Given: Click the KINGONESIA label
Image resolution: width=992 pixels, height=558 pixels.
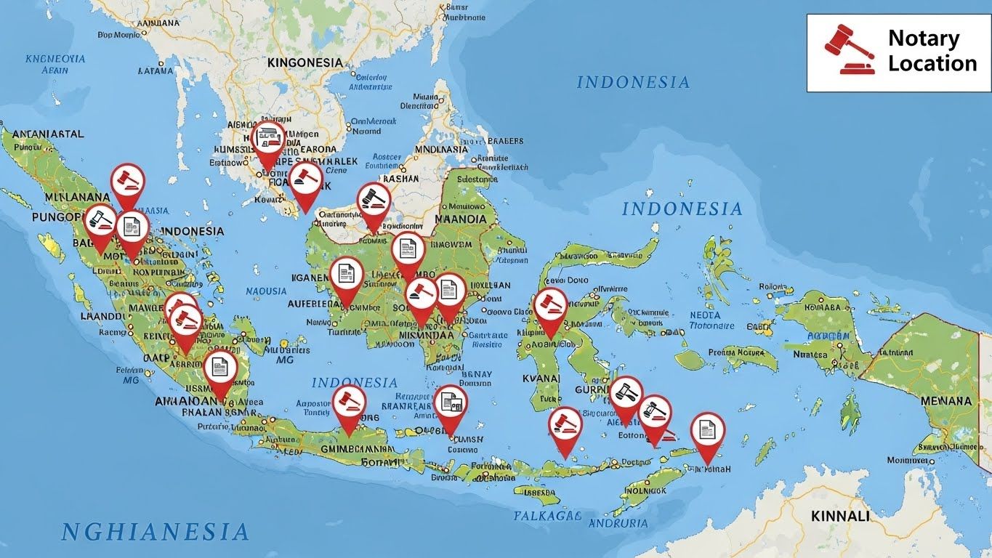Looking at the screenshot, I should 305,62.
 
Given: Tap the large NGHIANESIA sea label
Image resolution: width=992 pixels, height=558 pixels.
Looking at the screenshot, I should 156,532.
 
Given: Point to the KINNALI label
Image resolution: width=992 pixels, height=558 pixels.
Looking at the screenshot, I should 839,516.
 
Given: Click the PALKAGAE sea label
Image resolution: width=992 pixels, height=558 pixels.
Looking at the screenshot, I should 547,516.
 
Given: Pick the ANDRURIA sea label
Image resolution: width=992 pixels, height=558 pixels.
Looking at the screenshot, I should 618,523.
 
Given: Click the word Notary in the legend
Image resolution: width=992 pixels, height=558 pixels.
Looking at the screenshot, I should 924,39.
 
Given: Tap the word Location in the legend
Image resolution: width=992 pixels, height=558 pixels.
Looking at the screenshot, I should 932,64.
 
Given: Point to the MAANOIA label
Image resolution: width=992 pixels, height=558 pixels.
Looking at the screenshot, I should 460,219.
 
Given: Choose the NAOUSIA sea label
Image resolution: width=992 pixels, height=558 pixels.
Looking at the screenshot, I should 267,291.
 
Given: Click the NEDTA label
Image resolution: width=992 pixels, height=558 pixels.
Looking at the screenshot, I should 704,315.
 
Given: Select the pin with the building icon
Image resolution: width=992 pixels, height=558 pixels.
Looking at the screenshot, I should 268,139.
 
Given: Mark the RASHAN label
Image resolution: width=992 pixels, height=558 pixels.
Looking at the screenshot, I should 400,178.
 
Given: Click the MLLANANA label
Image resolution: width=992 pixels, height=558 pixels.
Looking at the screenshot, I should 66,197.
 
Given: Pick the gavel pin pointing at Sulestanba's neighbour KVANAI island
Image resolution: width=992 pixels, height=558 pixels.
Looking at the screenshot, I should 550,306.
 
